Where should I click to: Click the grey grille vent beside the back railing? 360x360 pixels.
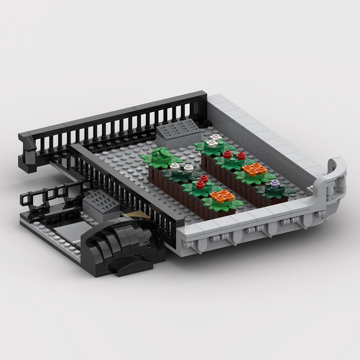point(179,129)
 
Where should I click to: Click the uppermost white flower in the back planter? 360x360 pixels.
point(216,137)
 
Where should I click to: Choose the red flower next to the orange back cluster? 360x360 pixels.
point(242,155)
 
